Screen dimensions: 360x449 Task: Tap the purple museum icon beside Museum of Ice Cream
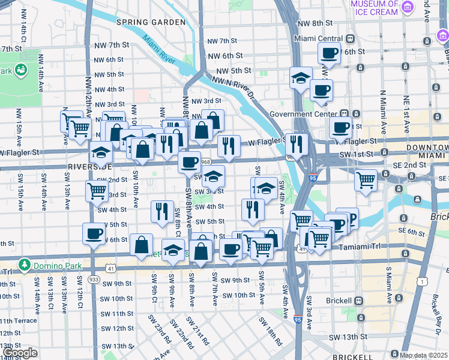[408, 7]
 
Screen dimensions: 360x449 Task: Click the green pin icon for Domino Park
[24, 264]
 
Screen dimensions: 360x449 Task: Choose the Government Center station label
[303, 114]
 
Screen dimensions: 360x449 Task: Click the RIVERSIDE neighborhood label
[90, 166]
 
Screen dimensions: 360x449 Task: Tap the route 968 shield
[206, 162]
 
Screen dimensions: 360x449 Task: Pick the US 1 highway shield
[424, 281]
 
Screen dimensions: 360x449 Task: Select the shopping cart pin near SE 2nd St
[366, 179]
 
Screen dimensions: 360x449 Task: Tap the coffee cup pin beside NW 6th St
[329, 53]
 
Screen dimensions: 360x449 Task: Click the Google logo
[20, 353]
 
